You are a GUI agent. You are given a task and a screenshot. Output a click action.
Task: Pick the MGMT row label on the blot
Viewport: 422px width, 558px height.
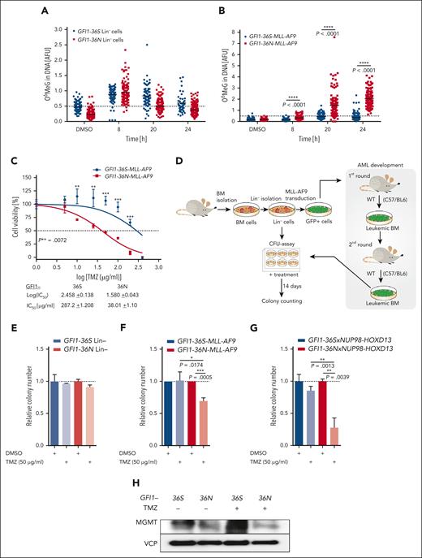pyautogui.click(x=159, y=515)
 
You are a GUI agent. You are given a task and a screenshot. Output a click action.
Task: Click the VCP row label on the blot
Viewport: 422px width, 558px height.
pyautogui.click(x=161, y=538)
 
